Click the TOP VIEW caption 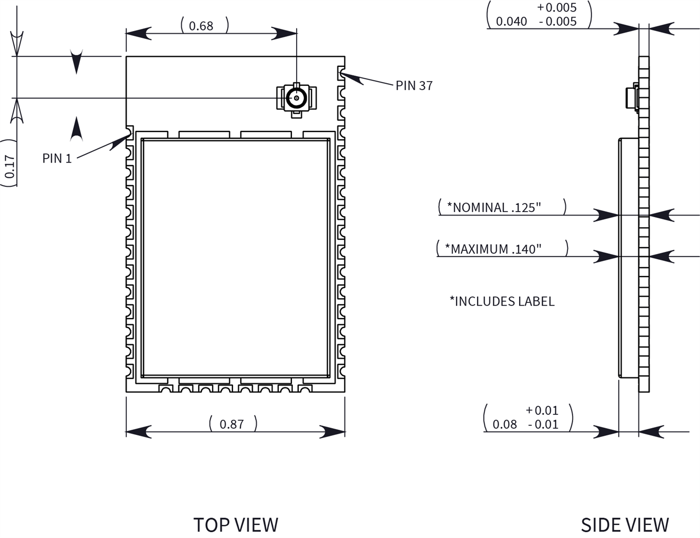coord(236,524)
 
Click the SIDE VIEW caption coord(624,524)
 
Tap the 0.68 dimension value coord(201,26)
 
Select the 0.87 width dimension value coord(231,424)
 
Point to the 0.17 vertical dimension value coord(10,166)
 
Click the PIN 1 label coord(57,158)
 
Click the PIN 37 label coord(414,86)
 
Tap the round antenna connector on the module coord(297,98)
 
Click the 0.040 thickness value coord(511,22)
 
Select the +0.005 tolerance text coord(556,8)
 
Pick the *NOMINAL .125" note coord(494,207)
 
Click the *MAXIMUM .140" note coord(493,249)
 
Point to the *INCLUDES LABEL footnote coord(502,301)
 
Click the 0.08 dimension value coord(504,424)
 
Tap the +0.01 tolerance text coord(542,410)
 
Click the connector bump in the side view coord(631,97)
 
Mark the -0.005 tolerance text coord(557,22)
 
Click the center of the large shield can coord(236,258)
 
